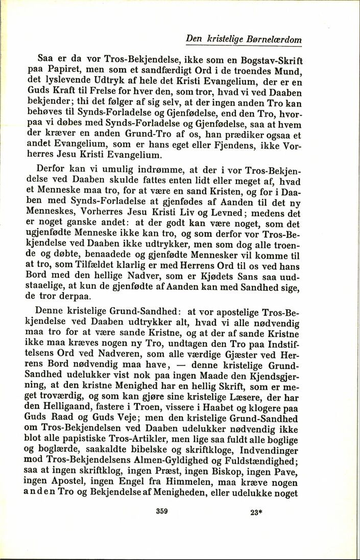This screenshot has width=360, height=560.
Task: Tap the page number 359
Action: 161,511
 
